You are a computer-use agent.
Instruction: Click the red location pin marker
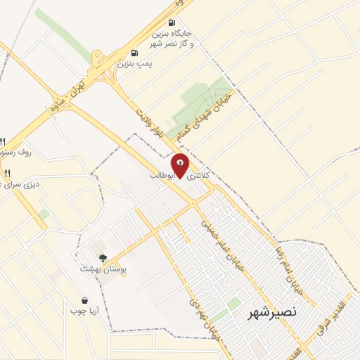[x=181, y=165]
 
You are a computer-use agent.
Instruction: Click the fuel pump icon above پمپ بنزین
[x=134, y=53]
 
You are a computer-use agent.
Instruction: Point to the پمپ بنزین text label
[x=134, y=63]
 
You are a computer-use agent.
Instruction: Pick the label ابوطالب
[x=161, y=174]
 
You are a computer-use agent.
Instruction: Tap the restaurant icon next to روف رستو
[x=2, y=141]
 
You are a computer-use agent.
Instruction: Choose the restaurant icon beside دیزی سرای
[x=7, y=172]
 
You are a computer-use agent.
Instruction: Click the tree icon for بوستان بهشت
[x=103, y=258]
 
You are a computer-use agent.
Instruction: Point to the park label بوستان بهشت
[x=102, y=269]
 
